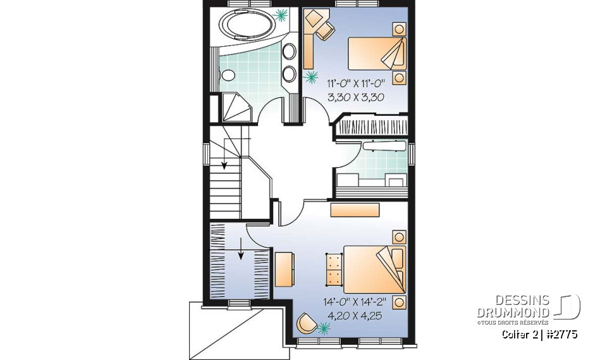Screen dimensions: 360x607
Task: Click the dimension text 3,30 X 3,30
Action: [x=356, y=97]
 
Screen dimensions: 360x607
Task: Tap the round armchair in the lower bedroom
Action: [x=306, y=323]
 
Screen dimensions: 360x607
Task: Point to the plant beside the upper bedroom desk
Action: [x=311, y=77]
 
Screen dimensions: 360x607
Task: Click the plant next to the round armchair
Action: [x=324, y=328]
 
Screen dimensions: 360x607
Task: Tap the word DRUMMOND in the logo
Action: [x=513, y=313]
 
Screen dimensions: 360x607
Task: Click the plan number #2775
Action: [x=560, y=333]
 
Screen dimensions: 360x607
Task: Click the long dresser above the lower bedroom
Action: [x=355, y=210]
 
